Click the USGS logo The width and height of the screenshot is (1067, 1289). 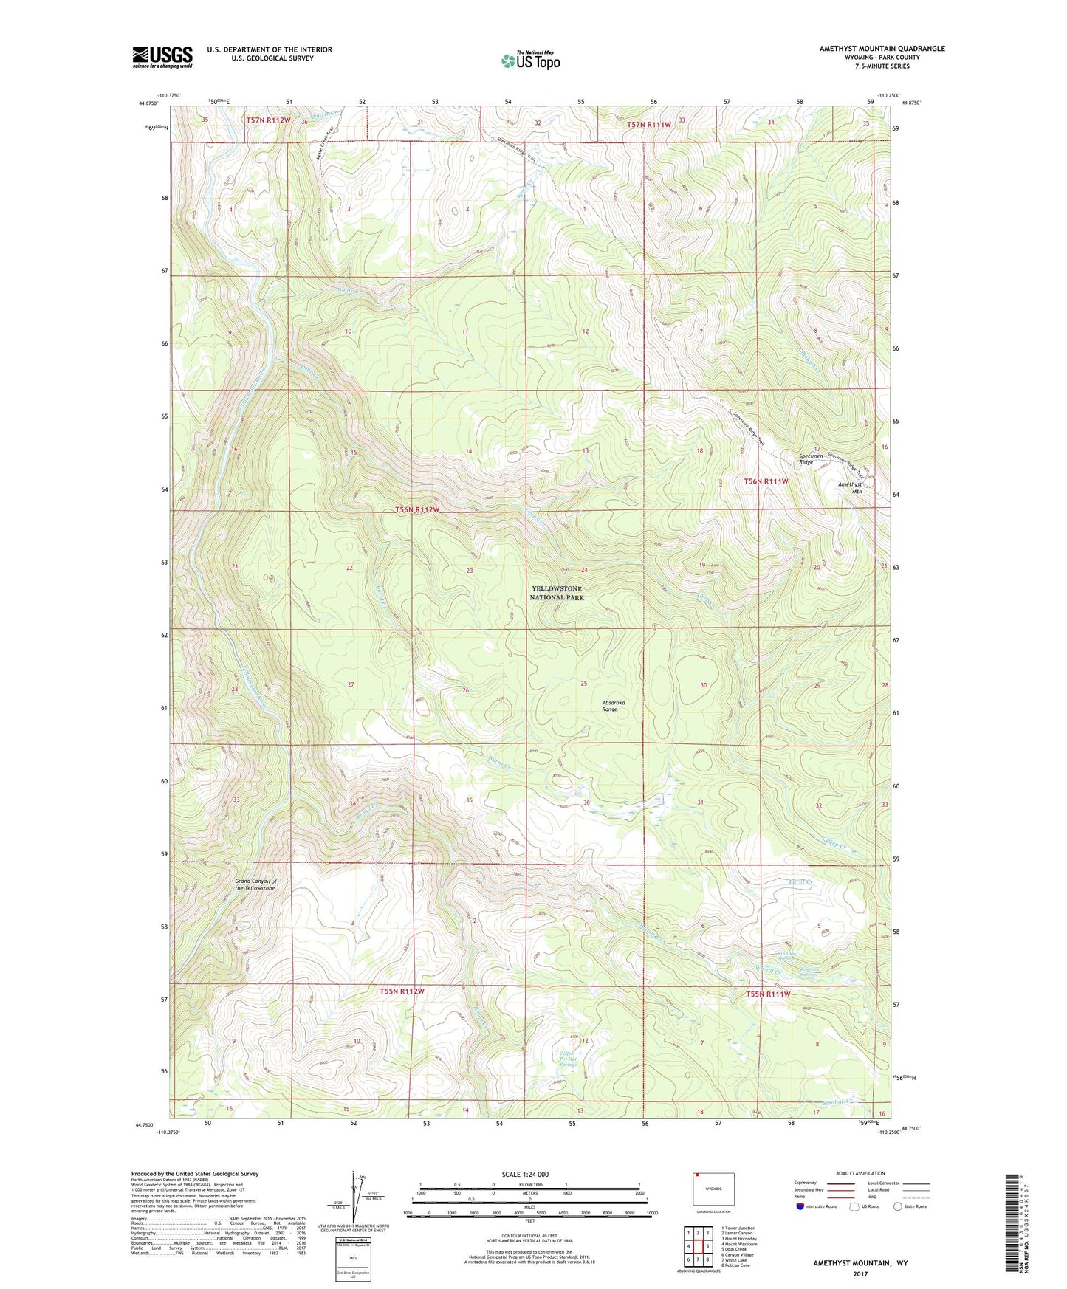tap(162, 57)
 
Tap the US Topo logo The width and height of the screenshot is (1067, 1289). tap(529, 61)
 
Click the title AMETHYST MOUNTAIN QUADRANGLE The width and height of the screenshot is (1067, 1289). tap(881, 49)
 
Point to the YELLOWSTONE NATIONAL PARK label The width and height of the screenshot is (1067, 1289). tap(557, 593)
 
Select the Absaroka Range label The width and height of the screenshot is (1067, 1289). tap(613, 706)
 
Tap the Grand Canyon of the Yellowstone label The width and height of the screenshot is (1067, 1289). tap(255, 884)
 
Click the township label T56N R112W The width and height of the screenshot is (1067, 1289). tap(416, 510)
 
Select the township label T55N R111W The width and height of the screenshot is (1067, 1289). tap(767, 994)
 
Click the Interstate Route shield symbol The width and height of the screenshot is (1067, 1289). tap(800, 1206)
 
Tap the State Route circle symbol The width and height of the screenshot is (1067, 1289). tap(898, 1206)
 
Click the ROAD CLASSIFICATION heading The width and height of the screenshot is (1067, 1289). tap(860, 1173)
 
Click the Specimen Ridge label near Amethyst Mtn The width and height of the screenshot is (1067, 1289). tap(811, 459)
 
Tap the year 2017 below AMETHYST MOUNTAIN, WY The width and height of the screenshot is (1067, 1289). tap(860, 1273)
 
